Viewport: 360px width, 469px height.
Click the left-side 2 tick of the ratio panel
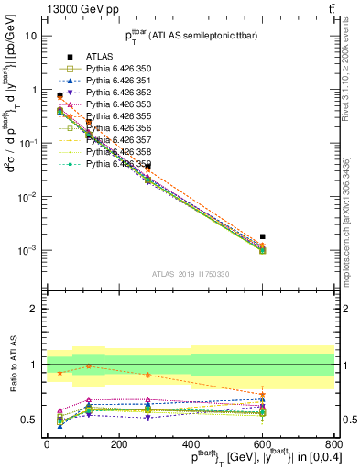(34, 309)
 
